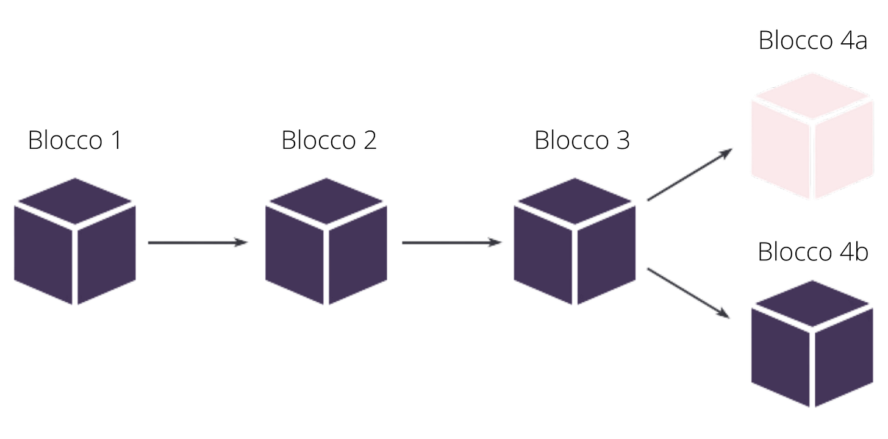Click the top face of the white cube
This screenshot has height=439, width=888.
(x=811, y=98)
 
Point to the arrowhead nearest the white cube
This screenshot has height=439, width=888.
(x=727, y=151)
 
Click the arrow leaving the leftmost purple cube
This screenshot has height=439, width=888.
(x=195, y=243)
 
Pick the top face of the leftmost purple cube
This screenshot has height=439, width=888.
(x=74, y=201)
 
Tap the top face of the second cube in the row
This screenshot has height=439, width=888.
(x=326, y=201)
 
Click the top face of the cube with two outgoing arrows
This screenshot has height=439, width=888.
(x=575, y=201)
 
